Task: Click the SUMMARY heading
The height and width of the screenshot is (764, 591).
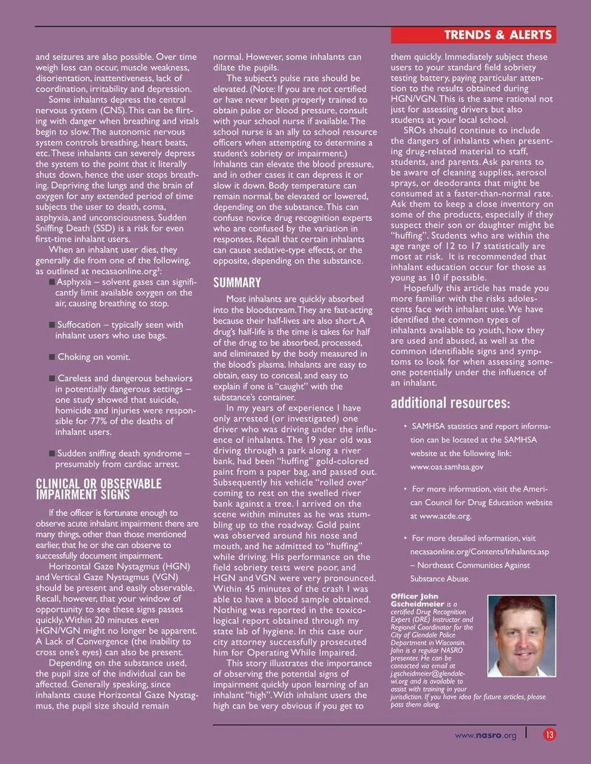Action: click(x=237, y=283)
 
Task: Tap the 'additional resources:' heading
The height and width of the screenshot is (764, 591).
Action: click(x=450, y=404)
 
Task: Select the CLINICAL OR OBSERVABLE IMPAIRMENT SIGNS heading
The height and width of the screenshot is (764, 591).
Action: click(x=98, y=489)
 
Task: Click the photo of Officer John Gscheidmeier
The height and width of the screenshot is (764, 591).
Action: click(x=521, y=635)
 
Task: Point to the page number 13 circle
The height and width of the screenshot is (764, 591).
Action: click(x=549, y=734)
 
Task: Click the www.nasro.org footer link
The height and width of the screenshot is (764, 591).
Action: click(x=486, y=735)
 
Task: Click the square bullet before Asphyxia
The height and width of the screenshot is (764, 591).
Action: click(x=52, y=282)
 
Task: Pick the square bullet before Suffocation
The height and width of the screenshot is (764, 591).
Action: click(x=52, y=325)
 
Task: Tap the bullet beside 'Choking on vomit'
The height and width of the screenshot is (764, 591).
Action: click(x=52, y=357)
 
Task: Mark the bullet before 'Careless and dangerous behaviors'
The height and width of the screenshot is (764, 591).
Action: click(x=52, y=378)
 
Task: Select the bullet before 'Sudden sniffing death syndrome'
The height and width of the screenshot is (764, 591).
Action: click(x=52, y=453)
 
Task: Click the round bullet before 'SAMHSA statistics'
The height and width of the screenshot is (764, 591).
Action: click(x=405, y=426)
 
